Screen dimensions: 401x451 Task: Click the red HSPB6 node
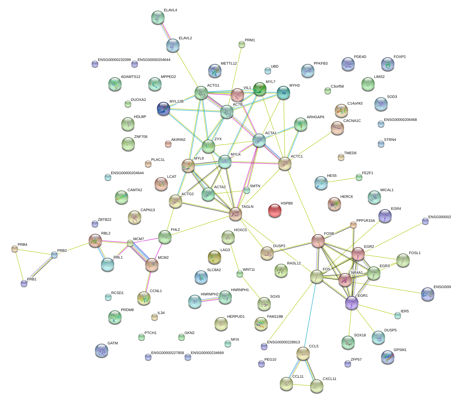(275, 210)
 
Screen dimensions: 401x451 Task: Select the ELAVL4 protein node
(158, 18)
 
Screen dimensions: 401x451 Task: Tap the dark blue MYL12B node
(164, 108)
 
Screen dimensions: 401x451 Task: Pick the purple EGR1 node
(352, 302)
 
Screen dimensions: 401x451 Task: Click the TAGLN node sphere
(235, 214)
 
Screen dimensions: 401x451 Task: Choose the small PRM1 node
(242, 44)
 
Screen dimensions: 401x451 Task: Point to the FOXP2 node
(387, 64)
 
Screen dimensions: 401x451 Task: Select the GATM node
(102, 350)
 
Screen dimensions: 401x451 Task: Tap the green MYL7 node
(260, 89)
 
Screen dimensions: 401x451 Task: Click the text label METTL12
(229, 64)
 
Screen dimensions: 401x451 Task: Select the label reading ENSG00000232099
(114, 60)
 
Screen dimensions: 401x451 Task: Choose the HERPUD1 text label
(236, 317)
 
